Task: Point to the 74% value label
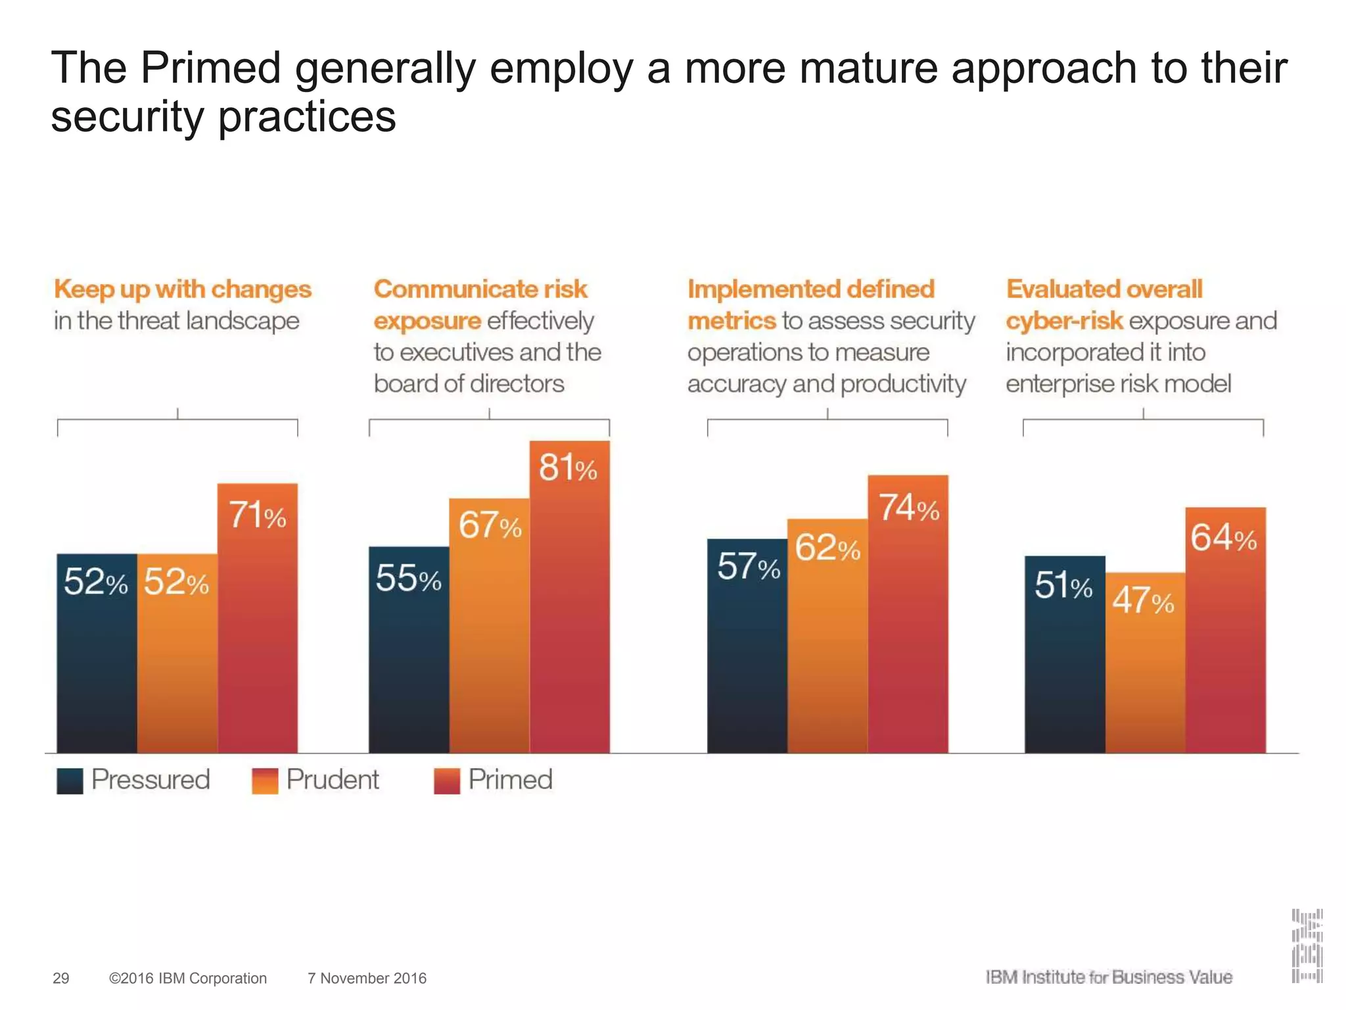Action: (909, 508)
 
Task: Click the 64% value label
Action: (1224, 538)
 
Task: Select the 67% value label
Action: (490, 525)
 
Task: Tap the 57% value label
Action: (749, 566)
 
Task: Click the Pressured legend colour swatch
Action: (70, 781)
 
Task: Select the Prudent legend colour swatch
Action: (265, 781)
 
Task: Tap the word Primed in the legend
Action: (510, 780)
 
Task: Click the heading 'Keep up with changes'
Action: (183, 289)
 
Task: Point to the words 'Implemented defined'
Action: (811, 289)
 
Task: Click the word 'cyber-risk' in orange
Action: (1064, 321)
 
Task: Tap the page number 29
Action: (60, 978)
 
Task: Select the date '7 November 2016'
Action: (367, 978)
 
